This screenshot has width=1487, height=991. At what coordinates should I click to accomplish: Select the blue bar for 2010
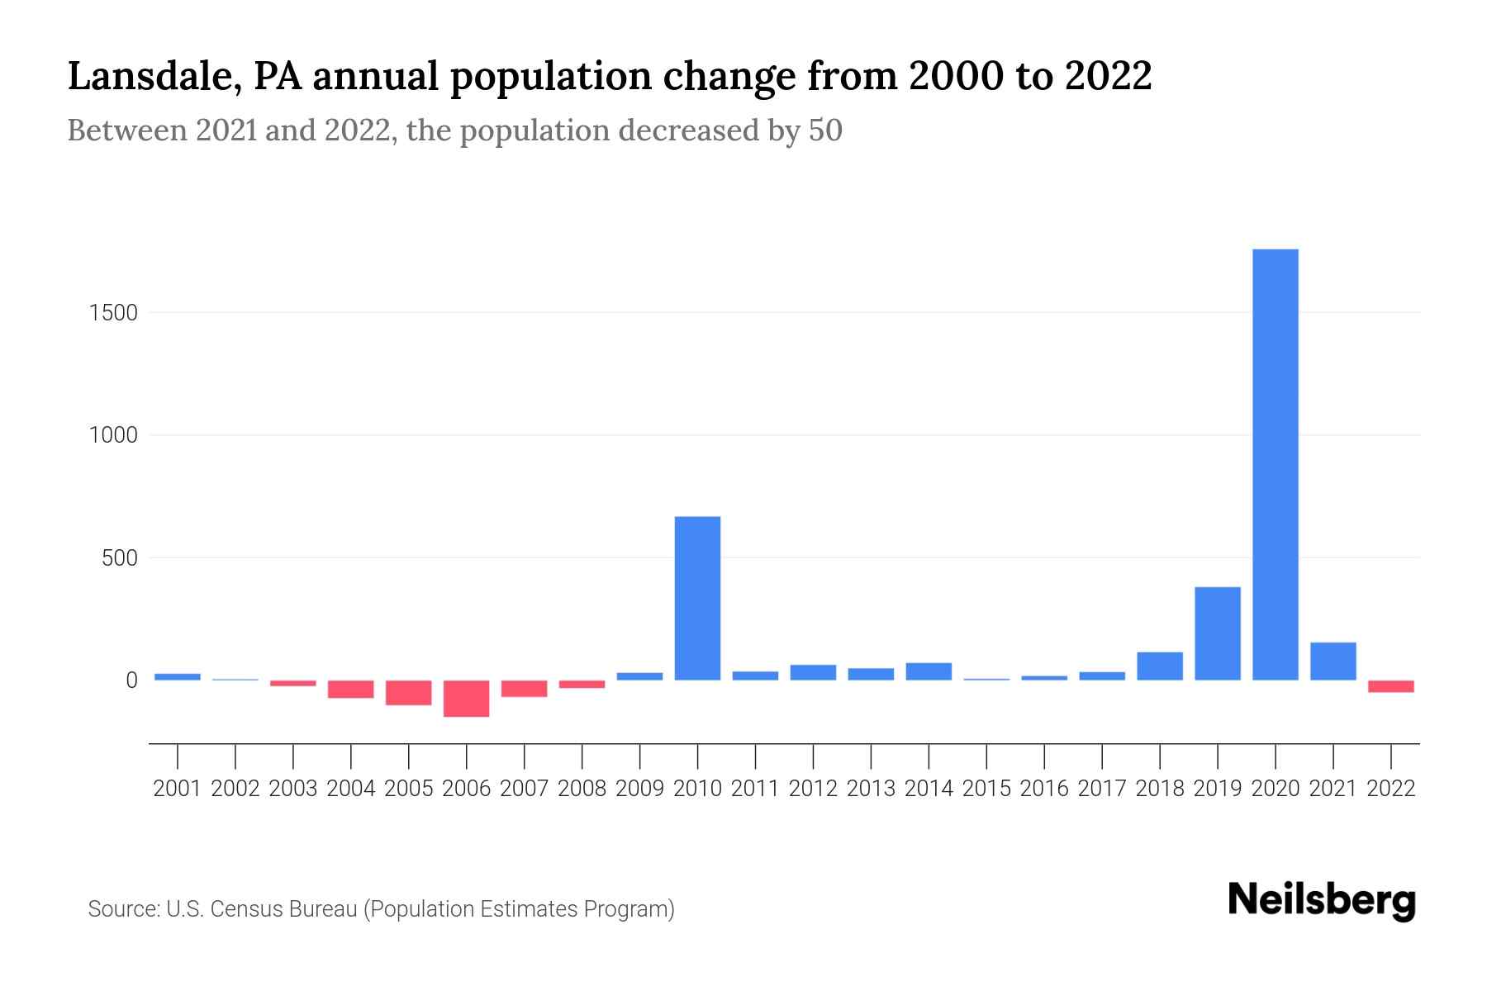697,598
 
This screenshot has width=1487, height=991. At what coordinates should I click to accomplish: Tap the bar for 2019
1217,633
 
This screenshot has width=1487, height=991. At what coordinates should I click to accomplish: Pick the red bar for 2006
466,699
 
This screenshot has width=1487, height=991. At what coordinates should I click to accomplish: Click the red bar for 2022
1390,686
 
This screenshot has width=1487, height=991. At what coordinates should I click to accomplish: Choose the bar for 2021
1333,661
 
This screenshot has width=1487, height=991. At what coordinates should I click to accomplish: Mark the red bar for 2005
408,693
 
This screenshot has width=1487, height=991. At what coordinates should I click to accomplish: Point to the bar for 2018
1159,666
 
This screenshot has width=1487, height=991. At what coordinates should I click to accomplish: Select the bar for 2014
929,671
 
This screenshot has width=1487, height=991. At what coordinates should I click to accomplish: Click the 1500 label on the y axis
113,313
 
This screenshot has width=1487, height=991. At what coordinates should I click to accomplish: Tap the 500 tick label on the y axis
120,558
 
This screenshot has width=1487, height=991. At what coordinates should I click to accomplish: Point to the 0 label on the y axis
131,680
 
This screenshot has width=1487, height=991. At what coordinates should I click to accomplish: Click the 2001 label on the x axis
178,789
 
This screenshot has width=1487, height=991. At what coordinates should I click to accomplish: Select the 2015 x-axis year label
986,789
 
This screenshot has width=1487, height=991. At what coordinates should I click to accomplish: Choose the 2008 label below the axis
582,789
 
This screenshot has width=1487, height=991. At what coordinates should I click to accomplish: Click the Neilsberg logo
1322,900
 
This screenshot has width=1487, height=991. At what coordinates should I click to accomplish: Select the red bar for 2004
350,690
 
